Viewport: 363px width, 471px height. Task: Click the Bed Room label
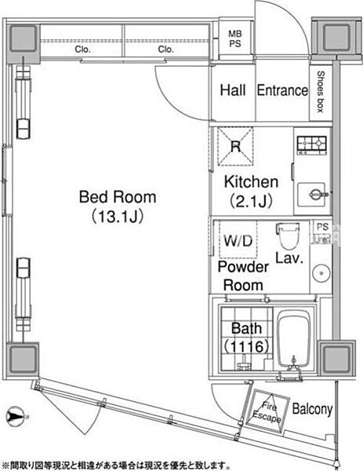(x=118, y=197)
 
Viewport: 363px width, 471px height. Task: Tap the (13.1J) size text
(x=118, y=215)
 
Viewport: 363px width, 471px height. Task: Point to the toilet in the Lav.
(x=288, y=235)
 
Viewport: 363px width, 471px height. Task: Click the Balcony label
(x=313, y=409)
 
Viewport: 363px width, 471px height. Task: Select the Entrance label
(x=282, y=90)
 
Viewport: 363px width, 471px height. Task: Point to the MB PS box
(x=234, y=38)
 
